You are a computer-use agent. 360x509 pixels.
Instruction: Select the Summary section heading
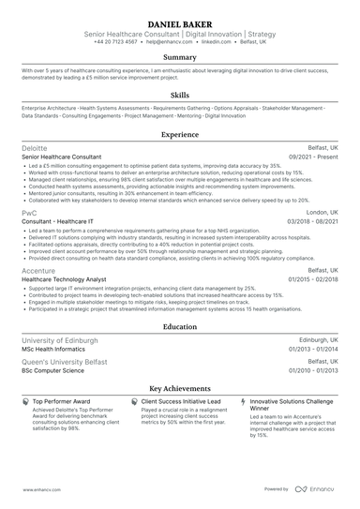(x=180, y=57)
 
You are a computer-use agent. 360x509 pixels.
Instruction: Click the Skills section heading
(x=180, y=95)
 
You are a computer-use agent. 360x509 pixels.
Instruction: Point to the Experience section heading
(x=180, y=135)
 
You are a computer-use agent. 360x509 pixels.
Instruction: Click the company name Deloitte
(x=35, y=148)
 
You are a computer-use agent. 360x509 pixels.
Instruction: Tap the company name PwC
(x=28, y=213)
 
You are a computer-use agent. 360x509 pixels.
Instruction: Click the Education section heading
(x=180, y=327)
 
